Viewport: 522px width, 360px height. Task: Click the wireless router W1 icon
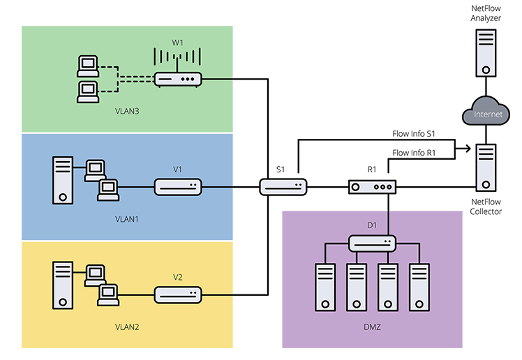tap(178, 79)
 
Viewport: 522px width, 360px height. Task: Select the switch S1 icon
tap(283, 187)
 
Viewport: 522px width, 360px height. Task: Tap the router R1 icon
tap(372, 187)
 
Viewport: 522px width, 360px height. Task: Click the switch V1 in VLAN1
tap(178, 187)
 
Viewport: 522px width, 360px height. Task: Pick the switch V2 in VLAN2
tap(178, 294)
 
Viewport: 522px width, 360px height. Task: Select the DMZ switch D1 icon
tap(372, 243)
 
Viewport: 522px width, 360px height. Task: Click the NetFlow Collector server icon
tap(486, 167)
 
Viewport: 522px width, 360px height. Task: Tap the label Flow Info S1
tap(415, 133)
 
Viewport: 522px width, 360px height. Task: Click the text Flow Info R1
tap(415, 153)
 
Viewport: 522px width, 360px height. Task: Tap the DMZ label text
tap(372, 327)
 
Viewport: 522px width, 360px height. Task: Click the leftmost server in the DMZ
tap(325, 286)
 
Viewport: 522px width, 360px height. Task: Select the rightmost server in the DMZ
tap(419, 286)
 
